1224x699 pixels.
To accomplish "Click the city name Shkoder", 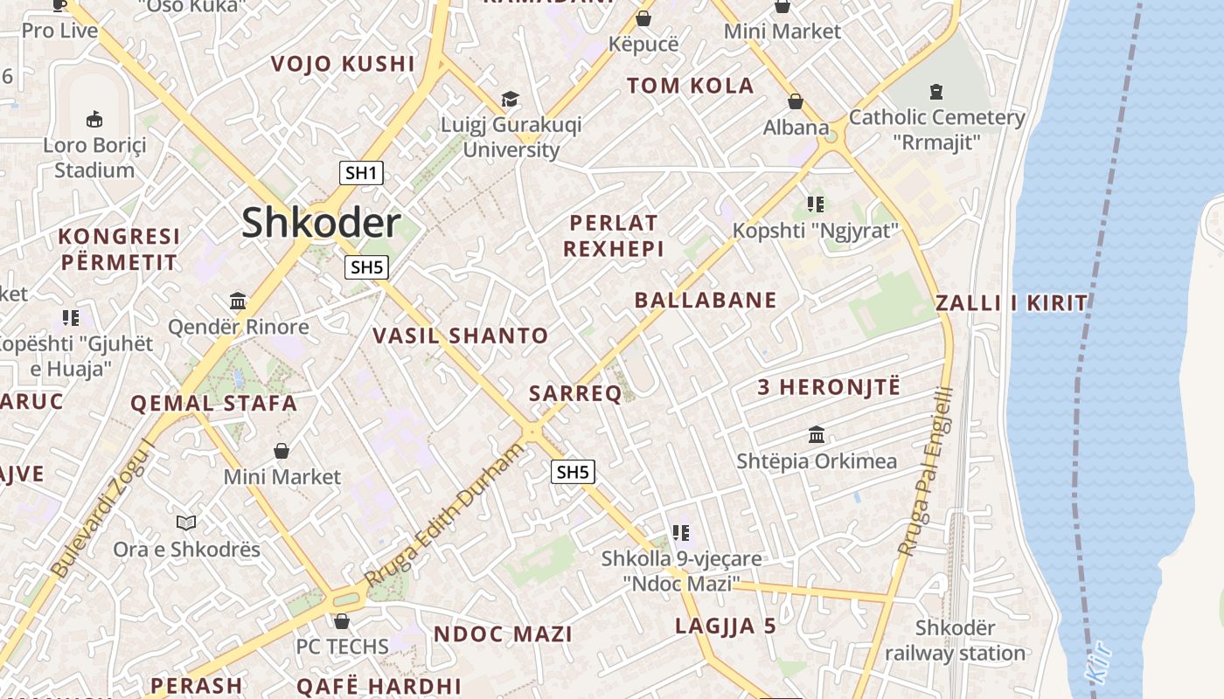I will pyautogui.click(x=321, y=223).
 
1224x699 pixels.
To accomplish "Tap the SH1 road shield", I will pyautogui.click(x=361, y=173).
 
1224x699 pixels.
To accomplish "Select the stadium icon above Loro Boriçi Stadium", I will pyautogui.click(x=95, y=119).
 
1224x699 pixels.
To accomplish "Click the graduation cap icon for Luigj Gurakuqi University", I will pyautogui.click(x=510, y=100).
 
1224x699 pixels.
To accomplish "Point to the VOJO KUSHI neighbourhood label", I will pyautogui.click(x=343, y=64).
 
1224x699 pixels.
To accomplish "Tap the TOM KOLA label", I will pyautogui.click(x=690, y=86).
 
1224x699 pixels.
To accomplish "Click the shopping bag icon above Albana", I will pyautogui.click(x=796, y=101).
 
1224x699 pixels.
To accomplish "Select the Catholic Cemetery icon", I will pyautogui.click(x=936, y=91).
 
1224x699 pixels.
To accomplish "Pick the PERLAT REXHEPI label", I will pyautogui.click(x=613, y=236).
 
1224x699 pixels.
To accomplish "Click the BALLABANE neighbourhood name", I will pyautogui.click(x=706, y=301).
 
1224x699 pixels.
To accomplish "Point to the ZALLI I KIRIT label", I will pyautogui.click(x=1012, y=303).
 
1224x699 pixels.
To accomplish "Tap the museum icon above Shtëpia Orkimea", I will pyautogui.click(x=817, y=434).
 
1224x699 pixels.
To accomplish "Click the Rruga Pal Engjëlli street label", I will pyautogui.click(x=925, y=472).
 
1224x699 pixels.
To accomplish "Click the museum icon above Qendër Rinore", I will pyautogui.click(x=238, y=301).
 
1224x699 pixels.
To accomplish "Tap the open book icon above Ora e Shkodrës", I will pyautogui.click(x=186, y=523).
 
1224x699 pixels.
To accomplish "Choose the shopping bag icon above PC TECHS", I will pyautogui.click(x=342, y=621).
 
